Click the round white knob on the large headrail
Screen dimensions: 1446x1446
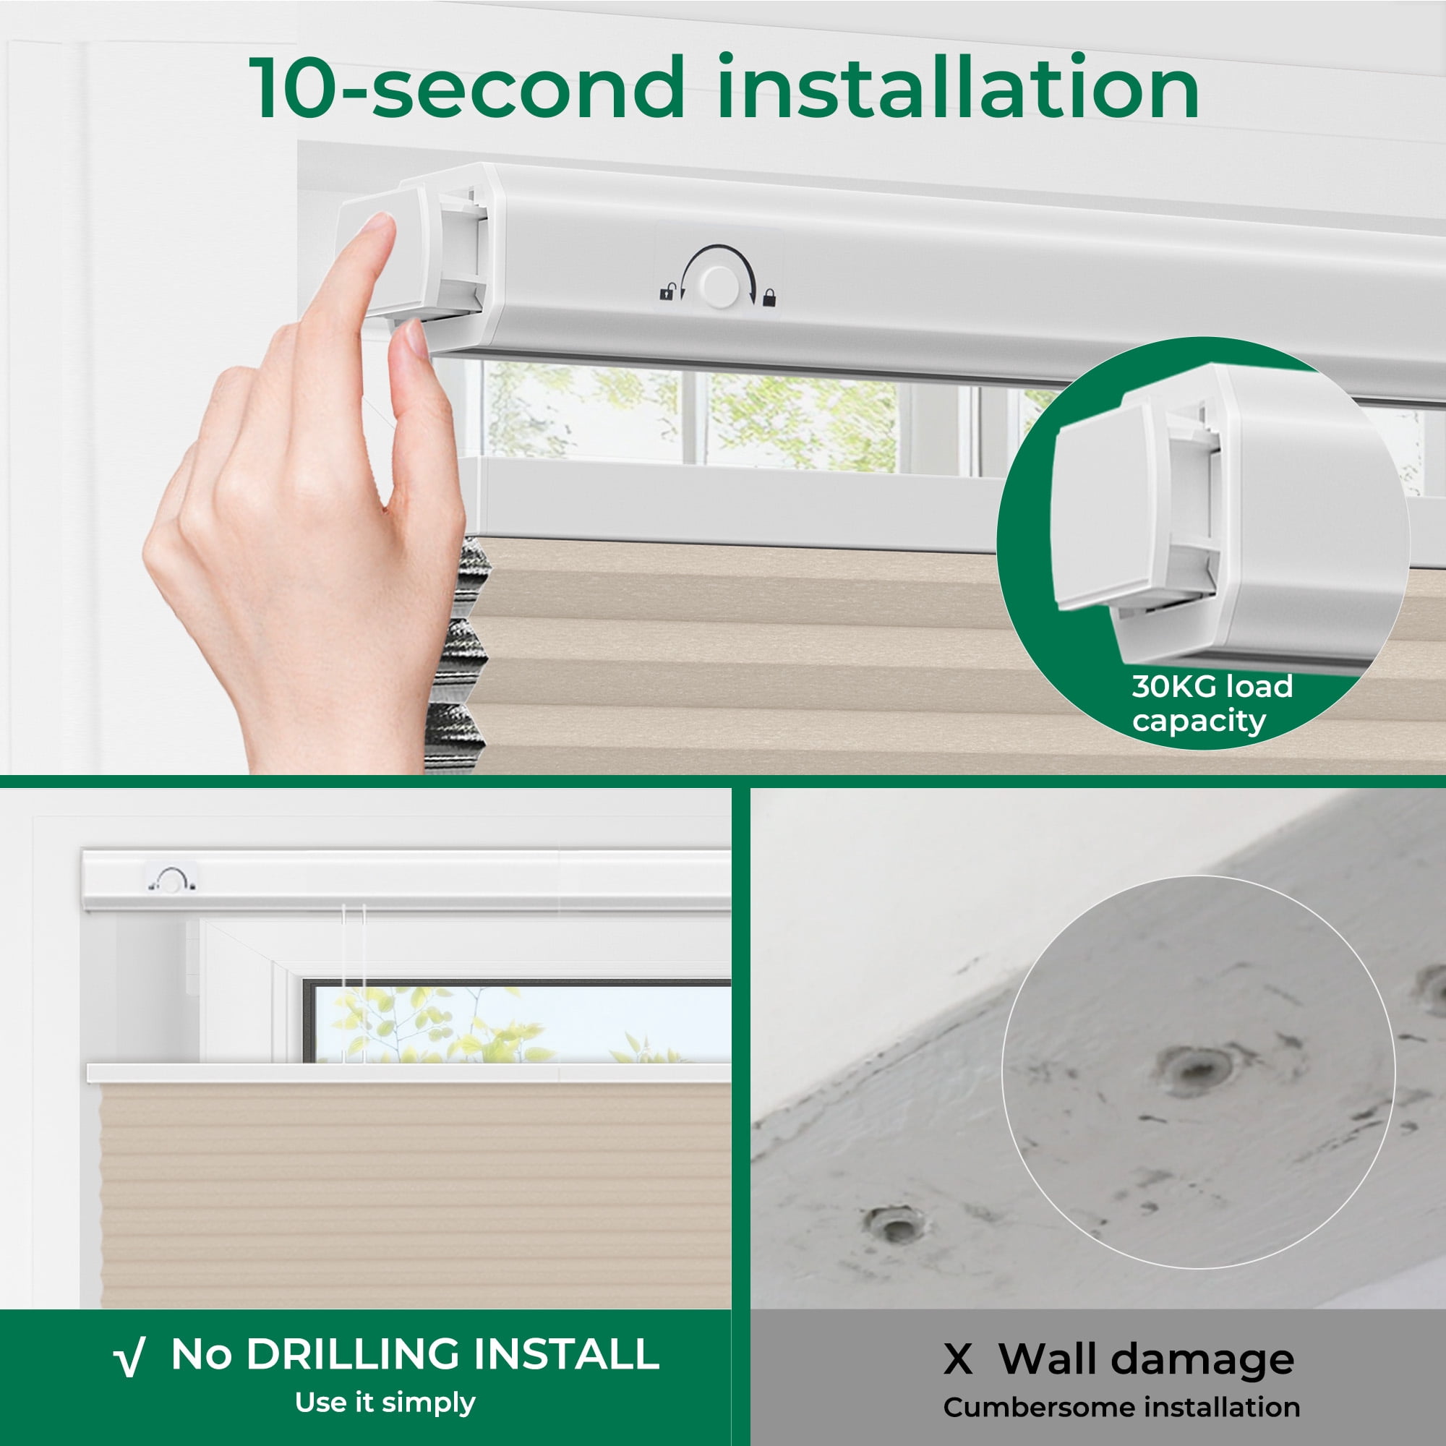point(719,286)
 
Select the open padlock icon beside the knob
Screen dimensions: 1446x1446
point(667,292)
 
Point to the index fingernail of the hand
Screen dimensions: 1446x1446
point(375,226)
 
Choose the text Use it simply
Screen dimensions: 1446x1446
point(385,1402)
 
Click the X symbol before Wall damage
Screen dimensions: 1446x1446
point(958,1359)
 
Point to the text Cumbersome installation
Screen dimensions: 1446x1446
point(1121,1407)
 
